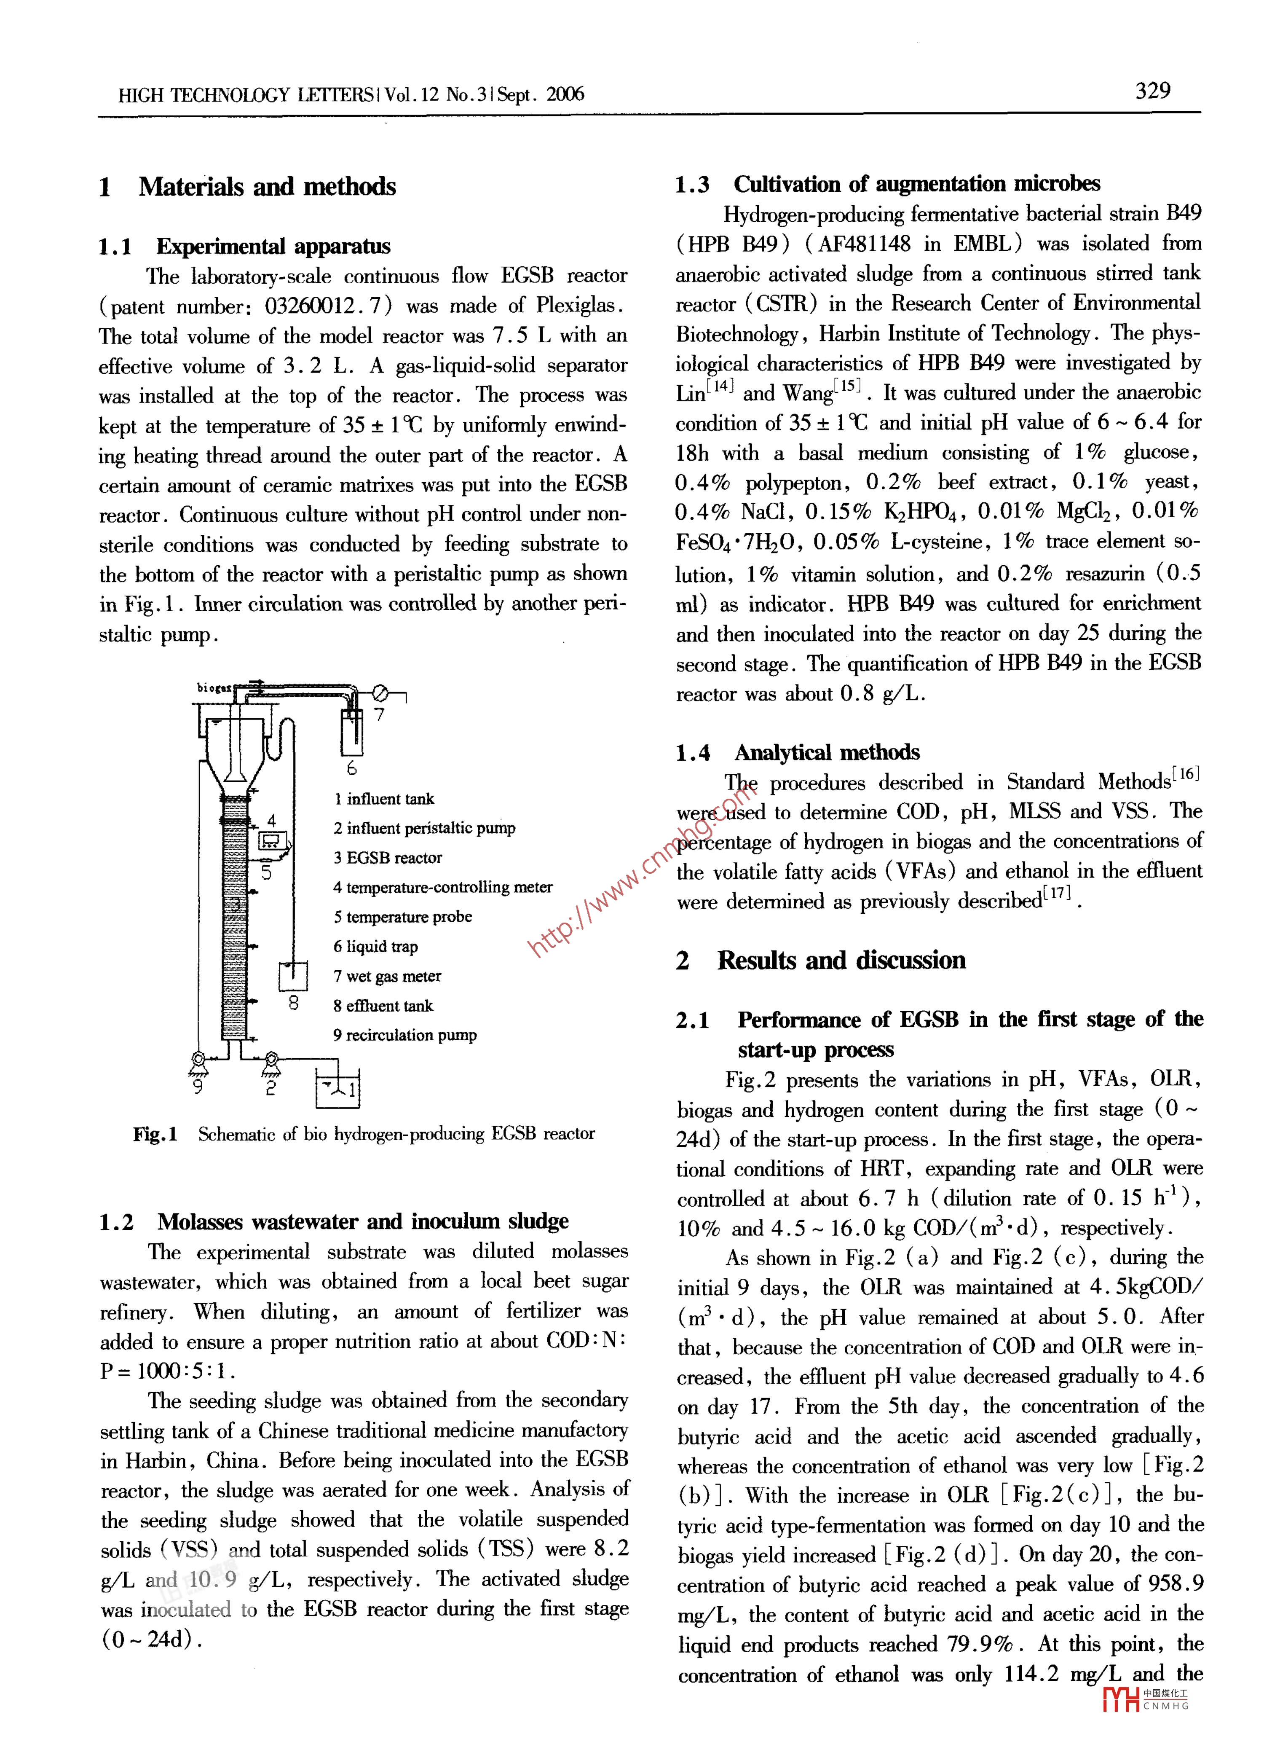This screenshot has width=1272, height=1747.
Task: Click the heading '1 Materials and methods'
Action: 247,187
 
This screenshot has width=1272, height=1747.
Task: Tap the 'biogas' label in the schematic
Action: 213,687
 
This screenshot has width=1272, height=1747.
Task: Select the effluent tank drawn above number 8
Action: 293,975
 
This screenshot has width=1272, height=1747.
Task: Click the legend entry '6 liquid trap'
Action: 376,947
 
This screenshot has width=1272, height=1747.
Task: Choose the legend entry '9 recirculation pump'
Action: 405,1035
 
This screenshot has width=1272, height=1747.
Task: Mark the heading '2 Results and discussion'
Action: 821,961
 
